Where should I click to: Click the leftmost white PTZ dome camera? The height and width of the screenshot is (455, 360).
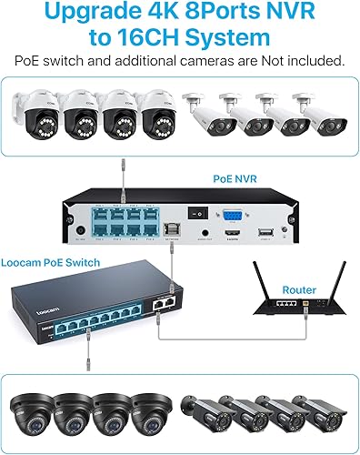point(32,119)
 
